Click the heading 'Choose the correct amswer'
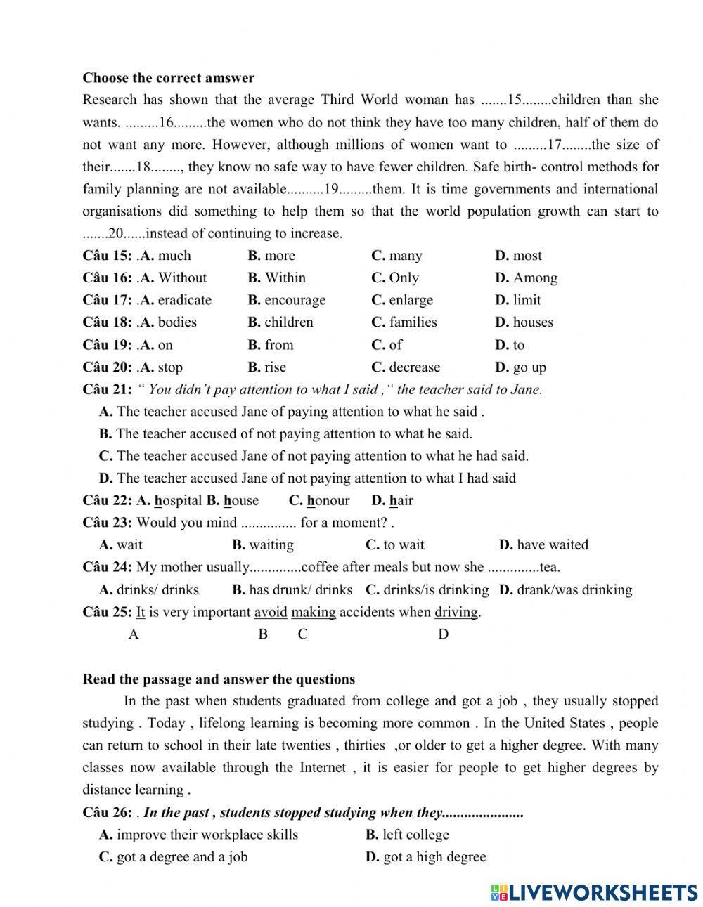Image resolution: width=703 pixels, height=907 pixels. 168,78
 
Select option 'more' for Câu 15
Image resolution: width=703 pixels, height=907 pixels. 279,256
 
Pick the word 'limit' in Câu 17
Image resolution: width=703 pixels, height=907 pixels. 527,300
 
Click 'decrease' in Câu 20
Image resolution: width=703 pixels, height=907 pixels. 414,367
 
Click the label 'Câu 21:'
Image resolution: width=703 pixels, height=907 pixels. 107,389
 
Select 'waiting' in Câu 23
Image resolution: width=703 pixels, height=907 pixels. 271,545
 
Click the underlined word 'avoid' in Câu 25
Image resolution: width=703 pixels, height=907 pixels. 271,612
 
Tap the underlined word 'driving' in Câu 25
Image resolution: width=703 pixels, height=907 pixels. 456,612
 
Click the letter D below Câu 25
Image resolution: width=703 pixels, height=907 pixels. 443,634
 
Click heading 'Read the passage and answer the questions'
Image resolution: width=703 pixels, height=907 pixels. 219,679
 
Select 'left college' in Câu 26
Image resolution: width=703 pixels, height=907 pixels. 415,835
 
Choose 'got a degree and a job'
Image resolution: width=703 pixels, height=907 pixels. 181,857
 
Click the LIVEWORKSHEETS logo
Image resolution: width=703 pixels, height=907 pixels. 594,892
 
